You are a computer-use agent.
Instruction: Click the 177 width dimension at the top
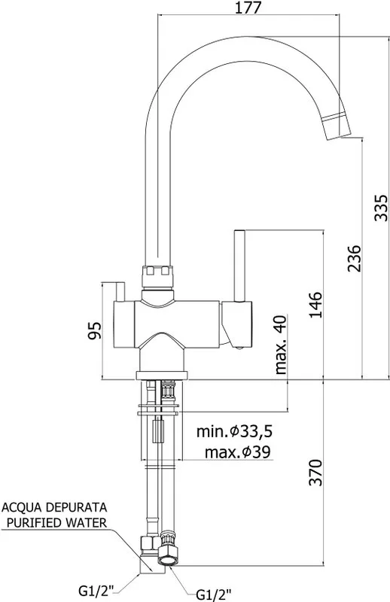248,8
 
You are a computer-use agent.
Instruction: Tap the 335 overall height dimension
381,208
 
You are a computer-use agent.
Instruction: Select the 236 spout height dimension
355,258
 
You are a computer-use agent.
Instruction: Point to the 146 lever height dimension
316,305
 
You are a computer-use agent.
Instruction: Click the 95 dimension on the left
95,330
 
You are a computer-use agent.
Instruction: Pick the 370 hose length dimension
316,472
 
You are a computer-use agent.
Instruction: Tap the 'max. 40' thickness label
281,345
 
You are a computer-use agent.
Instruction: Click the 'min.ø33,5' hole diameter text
235,431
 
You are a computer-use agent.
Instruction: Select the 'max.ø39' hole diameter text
237,452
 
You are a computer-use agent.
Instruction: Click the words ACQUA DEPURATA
54,507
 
